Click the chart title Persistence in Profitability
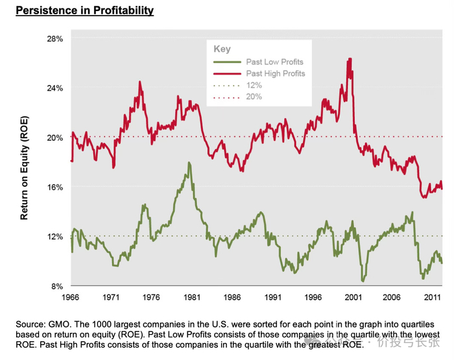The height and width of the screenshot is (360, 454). pos(84,11)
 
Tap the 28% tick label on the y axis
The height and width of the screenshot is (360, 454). pos(54,39)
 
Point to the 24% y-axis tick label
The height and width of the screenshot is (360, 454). pos(54,88)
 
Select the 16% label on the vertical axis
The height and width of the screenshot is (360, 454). pos(54,187)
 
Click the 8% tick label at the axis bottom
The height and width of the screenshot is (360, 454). pos(56,285)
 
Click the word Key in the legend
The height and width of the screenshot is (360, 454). pos(222,49)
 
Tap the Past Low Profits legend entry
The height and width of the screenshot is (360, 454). pos(274,62)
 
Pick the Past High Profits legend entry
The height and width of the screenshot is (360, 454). pos(275,74)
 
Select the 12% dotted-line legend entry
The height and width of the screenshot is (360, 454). pos(254,86)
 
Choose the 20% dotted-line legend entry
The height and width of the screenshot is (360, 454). pos(254,97)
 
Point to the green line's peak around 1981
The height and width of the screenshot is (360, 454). pos(189,163)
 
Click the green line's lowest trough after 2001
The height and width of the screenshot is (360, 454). pos(363,281)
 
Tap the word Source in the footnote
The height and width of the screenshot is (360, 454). pos(30,323)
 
